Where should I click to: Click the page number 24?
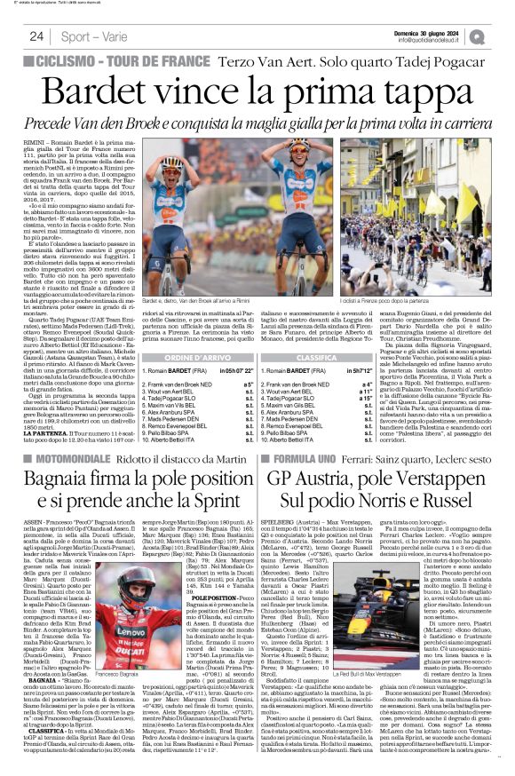click(x=36, y=36)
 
